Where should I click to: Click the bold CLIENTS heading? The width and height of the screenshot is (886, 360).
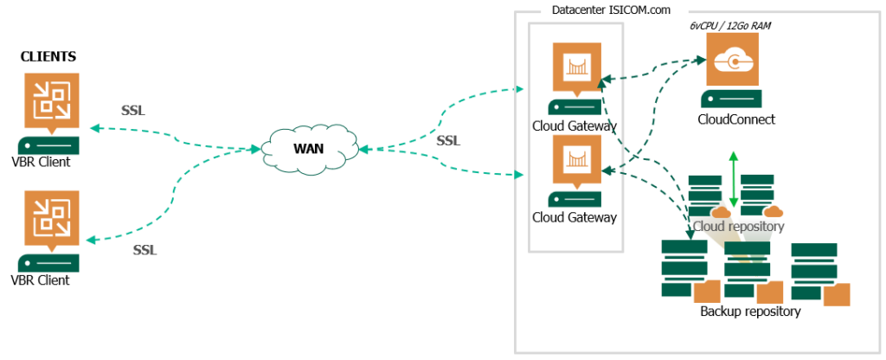click(x=48, y=57)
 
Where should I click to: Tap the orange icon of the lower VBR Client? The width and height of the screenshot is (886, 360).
click(x=49, y=217)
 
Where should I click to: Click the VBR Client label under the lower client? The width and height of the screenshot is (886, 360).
click(x=41, y=280)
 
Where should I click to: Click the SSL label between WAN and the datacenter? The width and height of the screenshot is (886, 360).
click(x=448, y=140)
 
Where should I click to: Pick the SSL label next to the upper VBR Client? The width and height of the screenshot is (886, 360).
click(x=133, y=112)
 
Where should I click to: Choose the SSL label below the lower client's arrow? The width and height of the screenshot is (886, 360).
click(x=144, y=250)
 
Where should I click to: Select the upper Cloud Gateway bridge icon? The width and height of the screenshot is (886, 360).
click(x=576, y=65)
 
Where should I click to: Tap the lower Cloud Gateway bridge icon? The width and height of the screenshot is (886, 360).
click(x=576, y=157)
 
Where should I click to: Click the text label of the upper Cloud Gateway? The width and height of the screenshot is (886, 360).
click(x=575, y=125)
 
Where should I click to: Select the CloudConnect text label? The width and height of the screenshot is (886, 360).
click(x=735, y=119)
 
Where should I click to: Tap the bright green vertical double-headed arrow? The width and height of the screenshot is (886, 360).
click(x=733, y=177)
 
